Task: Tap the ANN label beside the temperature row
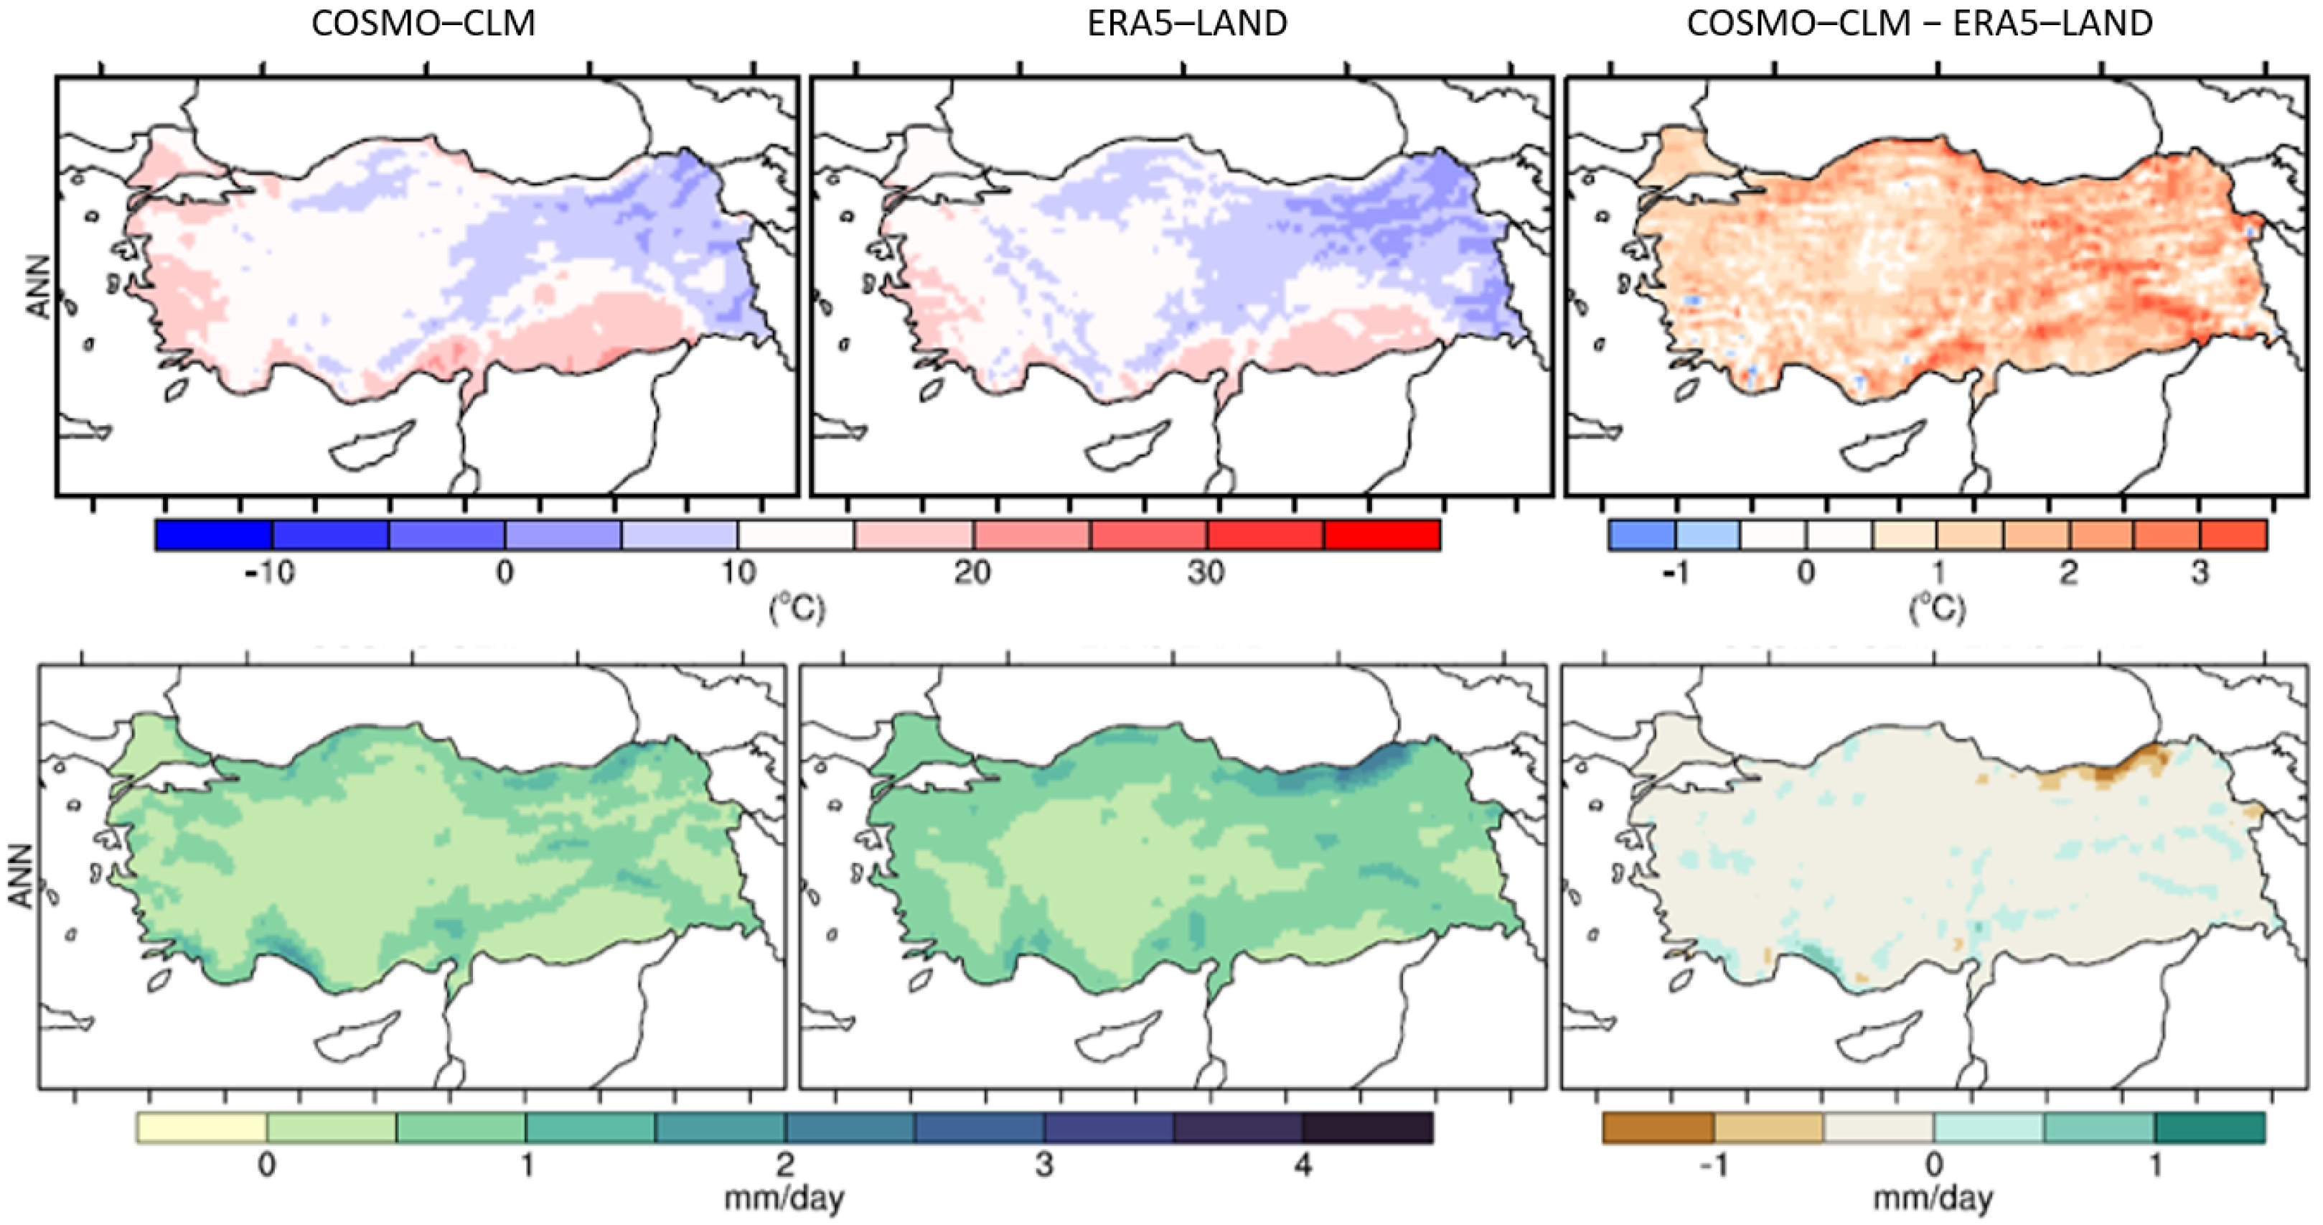39,286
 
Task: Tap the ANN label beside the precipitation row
20,876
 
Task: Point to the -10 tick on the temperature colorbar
270,572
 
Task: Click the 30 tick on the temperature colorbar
1206,572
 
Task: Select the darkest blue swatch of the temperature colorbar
214,535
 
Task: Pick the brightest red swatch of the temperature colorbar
1381,535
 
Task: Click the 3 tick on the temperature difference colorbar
2200,572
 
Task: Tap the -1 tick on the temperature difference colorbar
1675,572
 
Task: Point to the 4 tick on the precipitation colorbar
1303,1165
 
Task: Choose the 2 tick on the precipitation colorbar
784,1165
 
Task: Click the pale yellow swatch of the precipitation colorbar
202,1127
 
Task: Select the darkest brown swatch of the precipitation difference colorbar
1658,1127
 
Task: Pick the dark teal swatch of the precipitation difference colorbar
2210,1127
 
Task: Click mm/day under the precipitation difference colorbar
1933,1199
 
